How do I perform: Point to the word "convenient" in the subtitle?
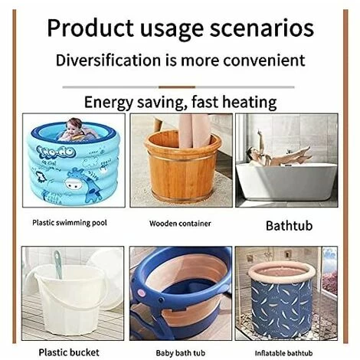[x=263, y=60]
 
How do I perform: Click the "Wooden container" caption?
[x=180, y=224]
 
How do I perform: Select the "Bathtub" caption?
[x=289, y=226]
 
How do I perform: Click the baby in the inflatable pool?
[x=74, y=129]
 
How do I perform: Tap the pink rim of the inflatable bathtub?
[x=284, y=270]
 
